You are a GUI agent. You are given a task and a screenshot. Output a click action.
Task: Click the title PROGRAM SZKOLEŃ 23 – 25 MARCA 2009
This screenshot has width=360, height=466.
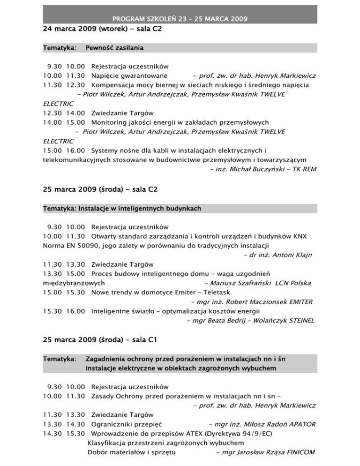[180, 19]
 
